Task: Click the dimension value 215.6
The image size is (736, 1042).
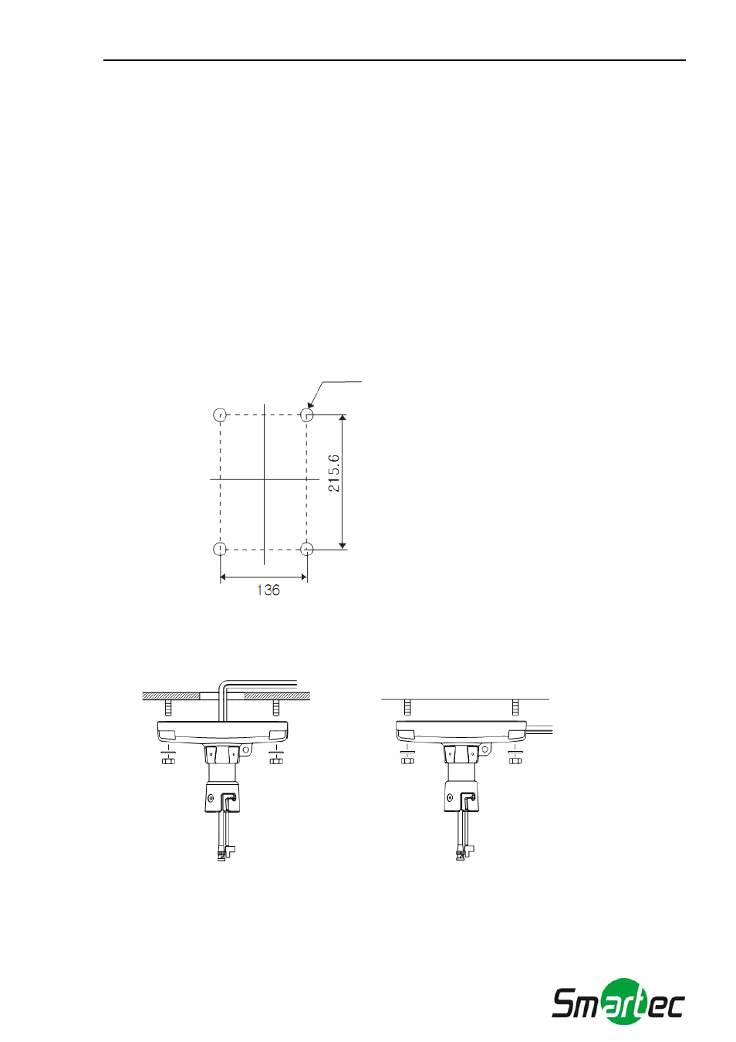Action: (334, 473)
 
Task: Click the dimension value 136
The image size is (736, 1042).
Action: (268, 590)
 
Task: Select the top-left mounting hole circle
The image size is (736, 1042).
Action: (220, 414)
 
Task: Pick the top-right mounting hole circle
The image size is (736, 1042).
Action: (306, 414)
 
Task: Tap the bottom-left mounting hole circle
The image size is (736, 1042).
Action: (220, 550)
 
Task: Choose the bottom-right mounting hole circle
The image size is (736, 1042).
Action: (306, 550)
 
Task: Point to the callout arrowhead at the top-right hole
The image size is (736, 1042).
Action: (310, 406)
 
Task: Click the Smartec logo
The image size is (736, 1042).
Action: (618, 1007)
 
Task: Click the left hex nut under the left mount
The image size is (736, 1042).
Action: (168, 760)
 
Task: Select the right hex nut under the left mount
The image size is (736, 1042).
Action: (276, 760)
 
